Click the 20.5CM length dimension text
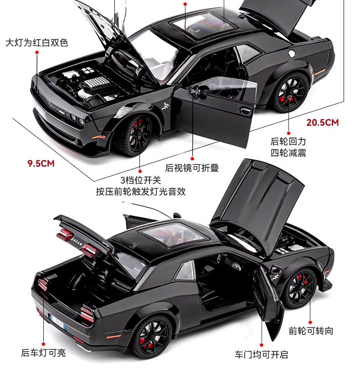click(x=323, y=122)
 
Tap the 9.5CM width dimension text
click(x=41, y=163)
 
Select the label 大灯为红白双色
click(x=36, y=42)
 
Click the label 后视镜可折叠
click(x=192, y=168)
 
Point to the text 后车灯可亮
click(x=43, y=352)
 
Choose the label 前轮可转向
click(x=311, y=331)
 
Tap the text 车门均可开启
click(x=262, y=354)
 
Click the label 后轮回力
click(x=288, y=142)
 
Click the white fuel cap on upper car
click(x=292, y=53)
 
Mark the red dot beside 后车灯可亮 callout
click(x=43, y=344)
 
